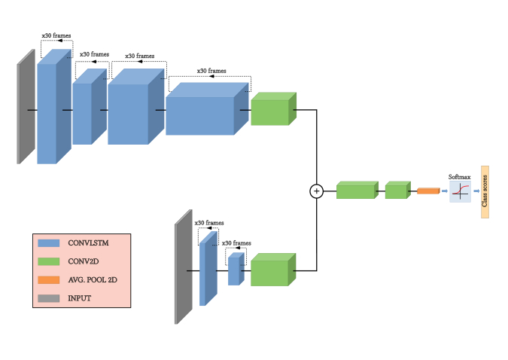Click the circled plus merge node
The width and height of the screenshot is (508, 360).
click(316, 191)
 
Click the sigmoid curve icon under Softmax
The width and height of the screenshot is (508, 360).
click(460, 192)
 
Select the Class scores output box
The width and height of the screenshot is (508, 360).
click(485, 192)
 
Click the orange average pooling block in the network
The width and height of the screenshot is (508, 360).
click(427, 191)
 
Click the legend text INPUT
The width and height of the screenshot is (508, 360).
click(79, 298)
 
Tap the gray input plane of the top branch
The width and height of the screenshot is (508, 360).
click(26, 107)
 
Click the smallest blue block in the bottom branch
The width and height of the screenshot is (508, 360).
click(235, 270)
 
